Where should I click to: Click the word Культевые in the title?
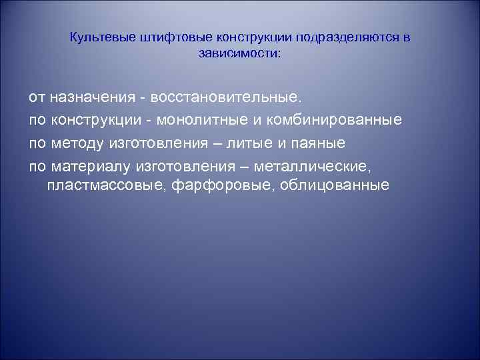click(101, 37)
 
